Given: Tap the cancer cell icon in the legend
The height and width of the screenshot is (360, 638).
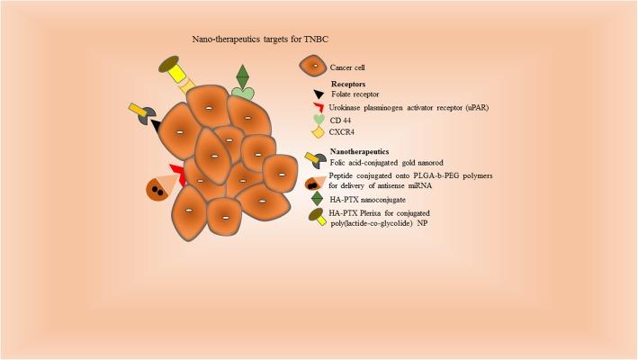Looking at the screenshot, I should point(312,67).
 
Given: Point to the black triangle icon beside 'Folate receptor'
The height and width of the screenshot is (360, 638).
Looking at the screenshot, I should point(310,95).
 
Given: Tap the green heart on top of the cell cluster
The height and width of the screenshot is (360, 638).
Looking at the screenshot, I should point(242,92).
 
